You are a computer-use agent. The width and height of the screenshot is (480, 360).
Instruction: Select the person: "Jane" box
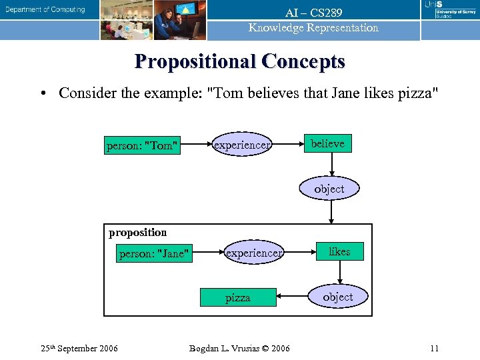click(154, 253)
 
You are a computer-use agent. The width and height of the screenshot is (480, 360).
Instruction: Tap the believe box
click(328, 144)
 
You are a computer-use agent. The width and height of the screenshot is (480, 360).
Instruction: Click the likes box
click(339, 251)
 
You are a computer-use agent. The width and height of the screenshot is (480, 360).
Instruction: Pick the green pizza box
click(238, 297)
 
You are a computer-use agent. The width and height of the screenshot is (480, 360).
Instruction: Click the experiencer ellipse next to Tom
click(241, 145)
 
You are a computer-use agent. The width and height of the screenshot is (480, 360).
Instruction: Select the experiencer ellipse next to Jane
click(254, 253)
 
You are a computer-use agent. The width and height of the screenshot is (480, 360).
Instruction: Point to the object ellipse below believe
click(329, 189)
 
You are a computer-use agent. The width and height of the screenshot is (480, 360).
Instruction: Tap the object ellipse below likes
click(338, 297)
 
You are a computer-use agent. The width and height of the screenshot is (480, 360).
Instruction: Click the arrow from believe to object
click(331, 167)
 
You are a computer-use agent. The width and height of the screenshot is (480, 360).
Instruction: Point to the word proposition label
click(137, 232)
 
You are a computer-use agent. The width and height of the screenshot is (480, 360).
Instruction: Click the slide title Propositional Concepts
click(240, 61)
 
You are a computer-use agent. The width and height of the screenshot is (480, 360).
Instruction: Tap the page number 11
click(434, 348)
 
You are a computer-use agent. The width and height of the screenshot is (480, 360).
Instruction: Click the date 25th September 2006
click(79, 348)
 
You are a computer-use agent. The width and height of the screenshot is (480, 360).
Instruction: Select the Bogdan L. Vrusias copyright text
click(239, 348)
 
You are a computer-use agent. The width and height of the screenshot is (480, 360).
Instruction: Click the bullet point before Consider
click(43, 93)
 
